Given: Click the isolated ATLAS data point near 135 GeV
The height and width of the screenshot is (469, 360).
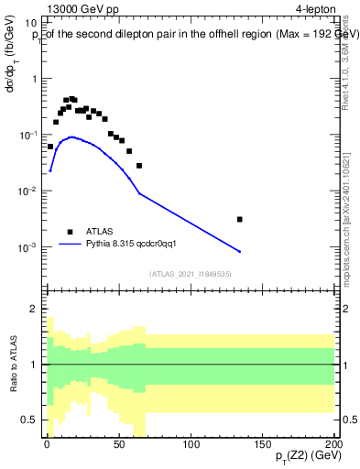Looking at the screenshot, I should point(240,219).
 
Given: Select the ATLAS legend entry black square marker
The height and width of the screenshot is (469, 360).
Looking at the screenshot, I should point(70,232).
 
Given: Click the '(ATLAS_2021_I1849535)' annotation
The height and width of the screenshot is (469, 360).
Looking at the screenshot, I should point(190,274).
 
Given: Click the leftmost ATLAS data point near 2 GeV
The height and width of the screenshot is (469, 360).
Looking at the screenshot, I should point(49,147).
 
